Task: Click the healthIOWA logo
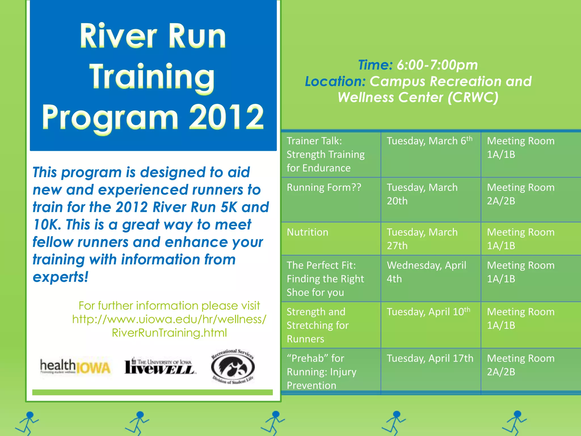coord(75,367)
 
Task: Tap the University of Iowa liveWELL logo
coord(159,366)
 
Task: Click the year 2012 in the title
coord(226,117)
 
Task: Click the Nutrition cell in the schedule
coord(308,232)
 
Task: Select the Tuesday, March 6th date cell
coord(430,141)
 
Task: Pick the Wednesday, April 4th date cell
coord(426,272)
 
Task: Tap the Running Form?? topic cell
coord(324,188)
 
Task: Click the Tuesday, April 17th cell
coord(430,358)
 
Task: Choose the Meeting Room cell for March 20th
coord(521,194)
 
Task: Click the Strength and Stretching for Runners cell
coord(318,325)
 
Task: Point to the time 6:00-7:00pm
coord(437,65)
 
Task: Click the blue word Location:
coord(335,81)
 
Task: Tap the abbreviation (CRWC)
coord(473,97)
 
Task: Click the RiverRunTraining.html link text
coord(169,333)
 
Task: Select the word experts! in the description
coord(60,277)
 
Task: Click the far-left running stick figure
coord(27,423)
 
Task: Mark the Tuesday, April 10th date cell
coord(428,312)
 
